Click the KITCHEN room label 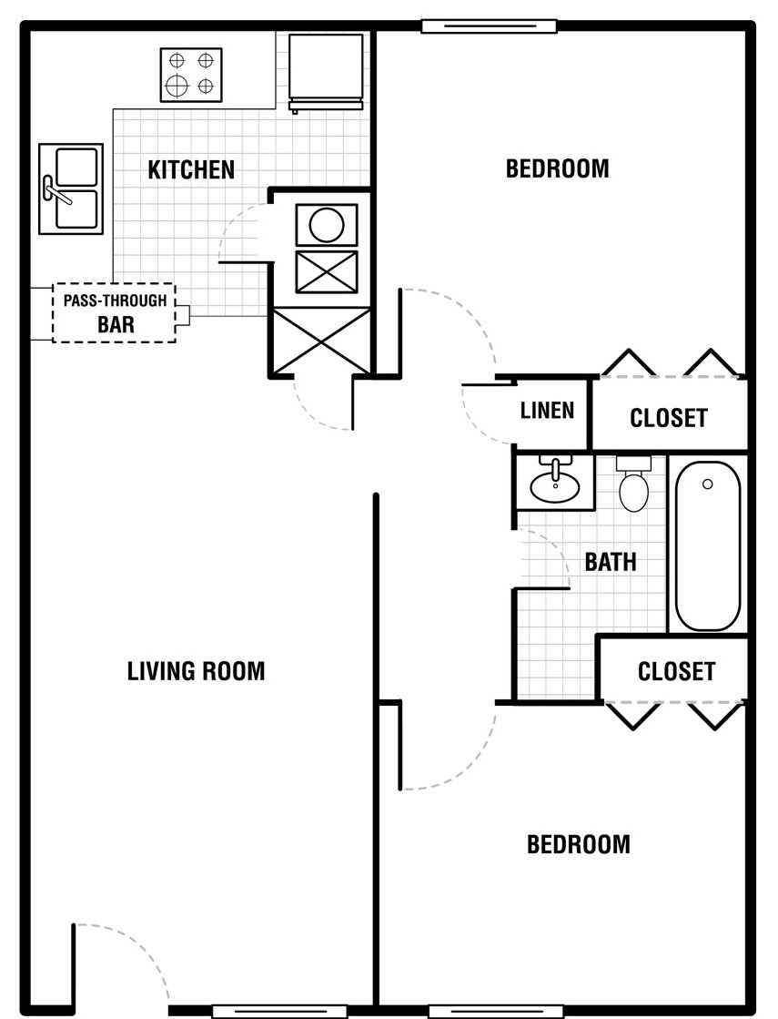tap(191, 169)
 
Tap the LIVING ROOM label tap(197, 671)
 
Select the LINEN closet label tap(548, 410)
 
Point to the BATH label tap(611, 562)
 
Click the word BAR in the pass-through tap(116, 324)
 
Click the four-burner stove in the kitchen tap(191, 75)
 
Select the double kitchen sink tap(71, 189)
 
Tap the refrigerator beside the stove tap(326, 73)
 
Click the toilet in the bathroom tap(633, 484)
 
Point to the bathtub tap(708, 545)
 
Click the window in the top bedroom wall tap(489, 26)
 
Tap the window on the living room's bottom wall tap(279, 1012)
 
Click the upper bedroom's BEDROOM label tap(557, 169)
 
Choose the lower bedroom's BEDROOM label tap(579, 845)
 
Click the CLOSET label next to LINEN tap(668, 418)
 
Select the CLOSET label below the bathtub tap(676, 671)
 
